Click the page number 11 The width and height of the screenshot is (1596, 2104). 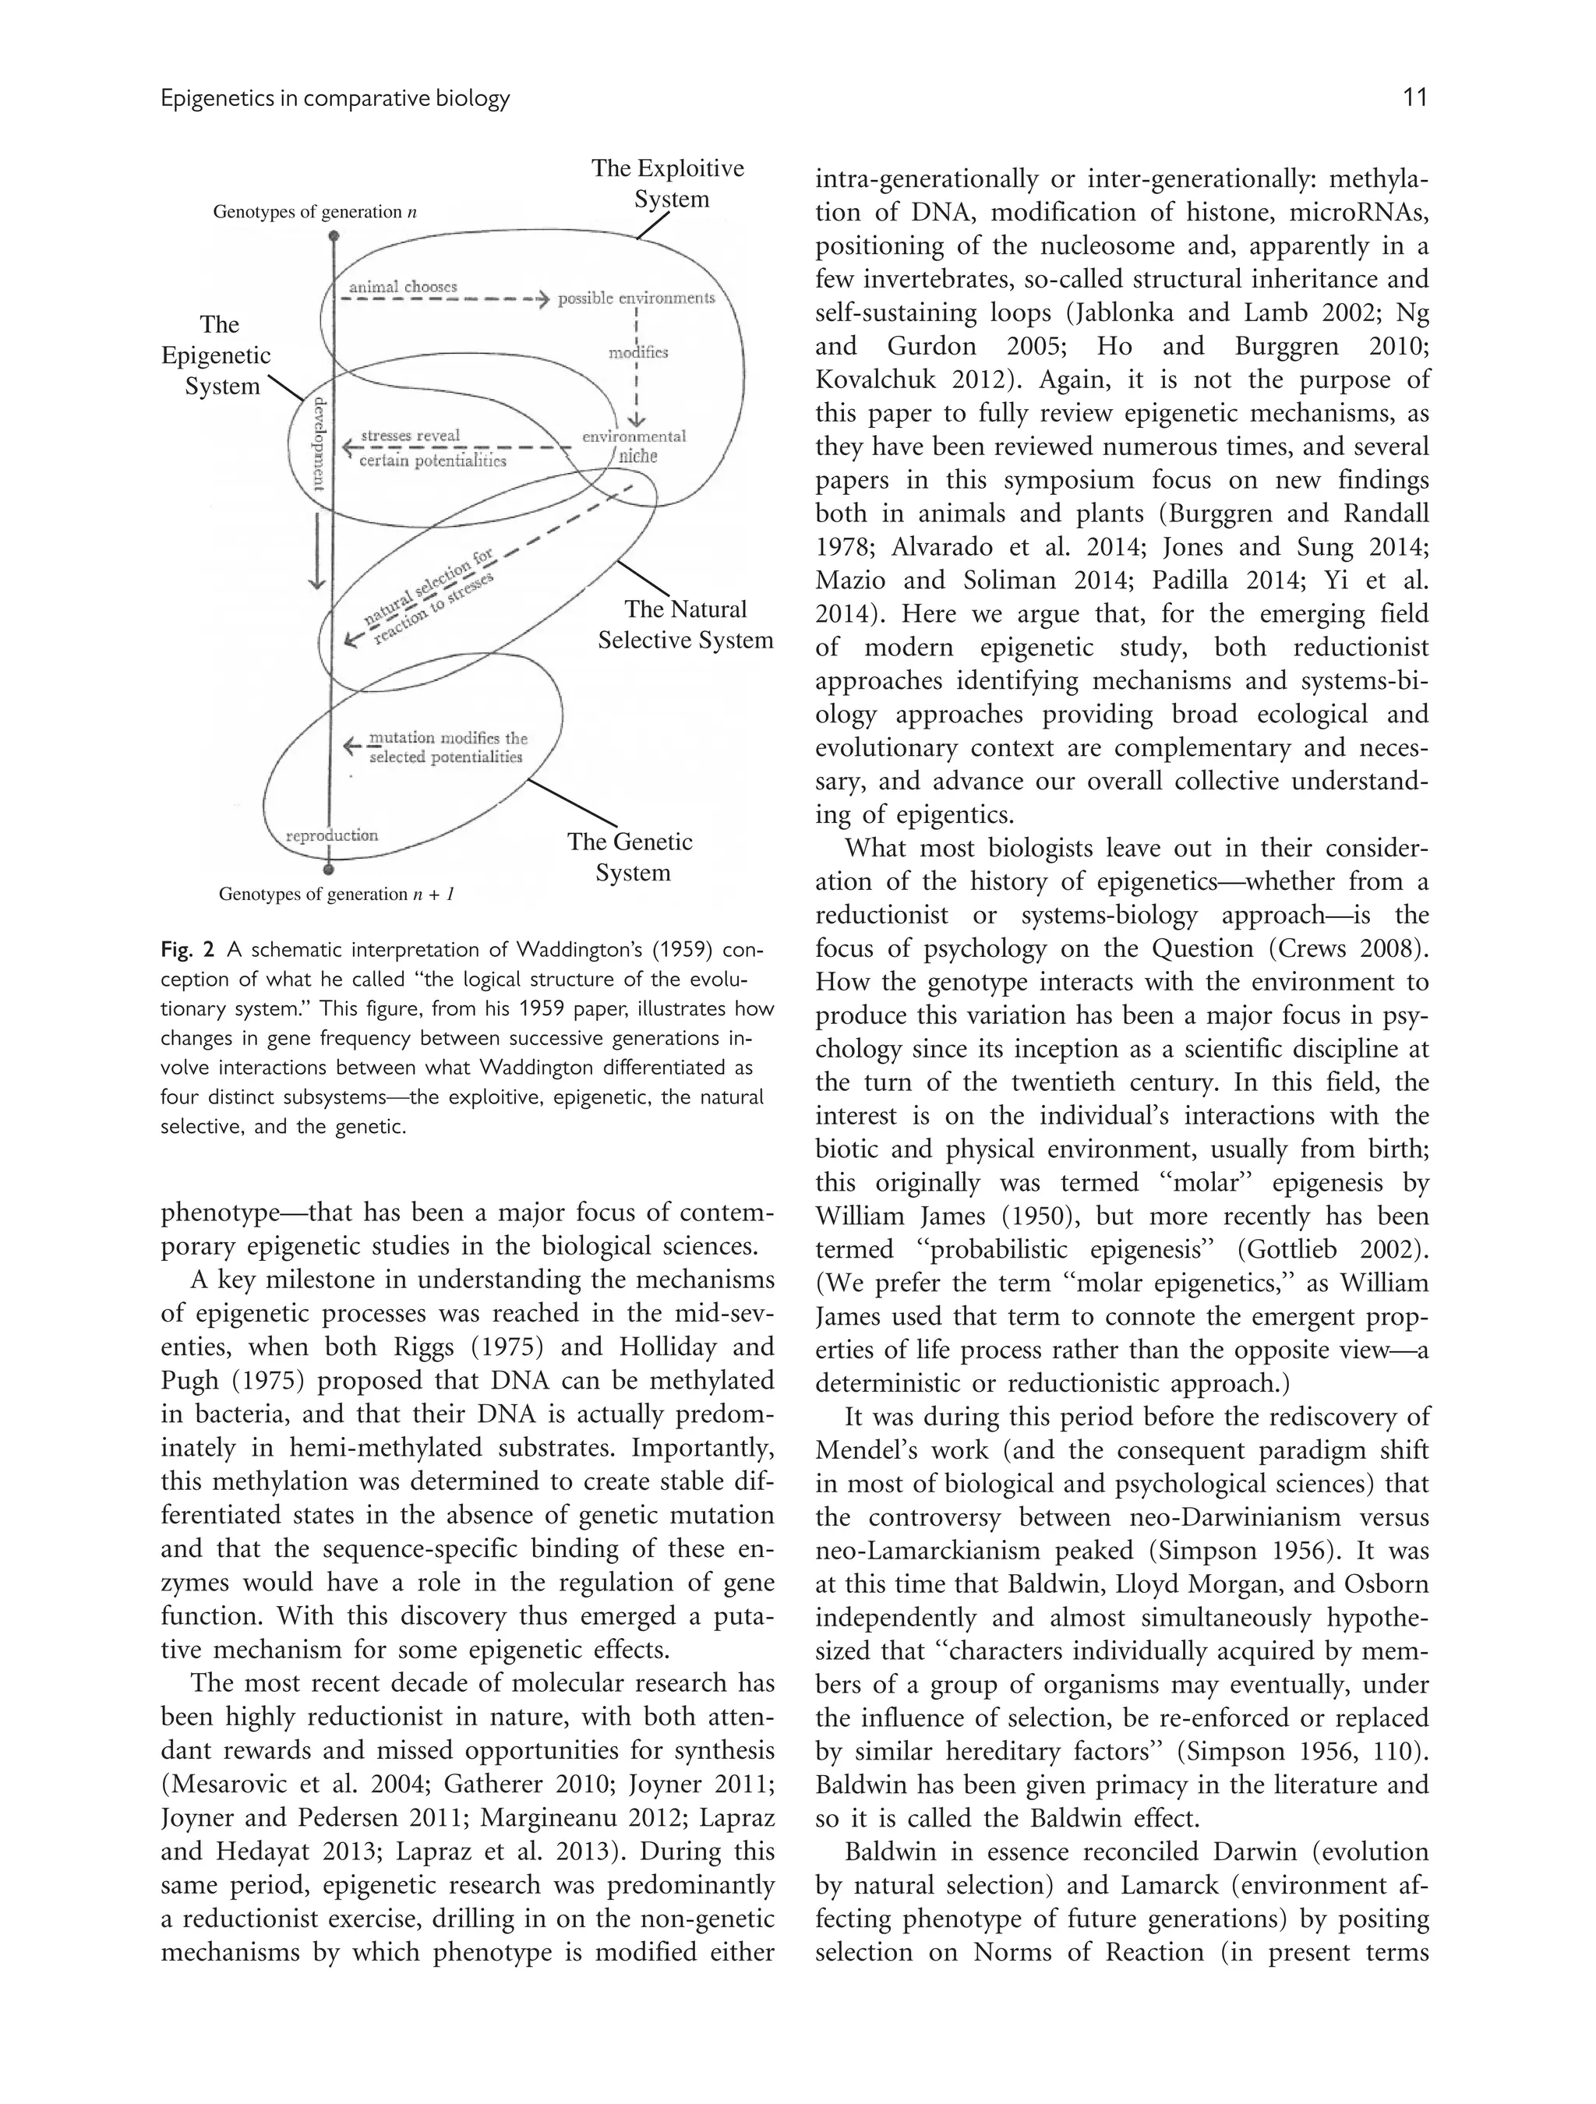tap(1414, 98)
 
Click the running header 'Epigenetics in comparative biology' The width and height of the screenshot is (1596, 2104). tap(335, 98)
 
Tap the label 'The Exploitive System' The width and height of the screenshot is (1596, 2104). tap(668, 184)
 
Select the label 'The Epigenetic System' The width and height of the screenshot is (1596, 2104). tap(217, 356)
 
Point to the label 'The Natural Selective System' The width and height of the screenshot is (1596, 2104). tap(685, 625)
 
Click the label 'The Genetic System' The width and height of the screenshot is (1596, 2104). tap(630, 857)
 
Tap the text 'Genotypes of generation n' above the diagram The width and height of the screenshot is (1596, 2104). tap(315, 211)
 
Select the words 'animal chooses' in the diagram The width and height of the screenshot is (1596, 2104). tap(402, 286)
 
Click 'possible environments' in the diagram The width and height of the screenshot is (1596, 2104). tap(637, 298)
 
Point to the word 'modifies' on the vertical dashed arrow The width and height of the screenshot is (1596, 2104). tap(638, 353)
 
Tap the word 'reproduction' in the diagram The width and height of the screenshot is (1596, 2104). tap(332, 836)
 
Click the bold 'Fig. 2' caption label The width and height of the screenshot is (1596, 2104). tap(189, 950)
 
